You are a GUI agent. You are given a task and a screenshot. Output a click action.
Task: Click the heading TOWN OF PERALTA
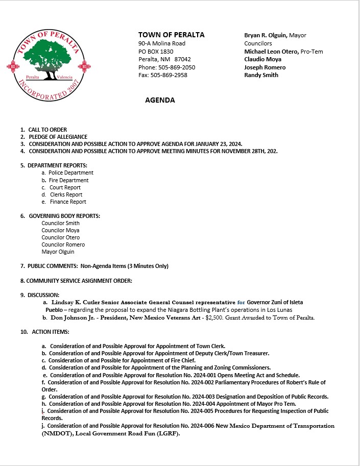[171, 35]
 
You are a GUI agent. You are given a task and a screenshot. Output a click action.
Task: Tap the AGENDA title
[160, 100]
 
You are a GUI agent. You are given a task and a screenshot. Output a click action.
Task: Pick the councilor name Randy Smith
[261, 75]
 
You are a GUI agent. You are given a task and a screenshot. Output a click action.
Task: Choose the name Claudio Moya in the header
[262, 59]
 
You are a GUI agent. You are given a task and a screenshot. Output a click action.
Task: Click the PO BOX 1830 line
[156, 52]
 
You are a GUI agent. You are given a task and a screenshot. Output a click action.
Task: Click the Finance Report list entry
[68, 202]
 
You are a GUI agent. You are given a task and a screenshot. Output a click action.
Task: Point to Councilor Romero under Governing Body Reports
[63, 244]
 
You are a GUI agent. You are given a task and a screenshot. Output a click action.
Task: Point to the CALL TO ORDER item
[48, 130]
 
